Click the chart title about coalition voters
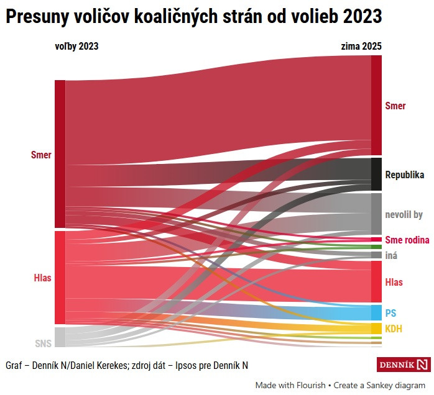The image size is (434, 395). click(x=193, y=17)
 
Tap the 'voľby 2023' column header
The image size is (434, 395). click(x=76, y=46)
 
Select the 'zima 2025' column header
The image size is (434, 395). click(x=361, y=46)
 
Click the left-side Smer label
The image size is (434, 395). click(x=41, y=155)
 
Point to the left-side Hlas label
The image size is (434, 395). click(x=42, y=278)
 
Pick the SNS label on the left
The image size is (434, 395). click(x=43, y=343)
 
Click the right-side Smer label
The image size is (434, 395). click(x=395, y=106)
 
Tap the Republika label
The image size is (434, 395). click(x=404, y=175)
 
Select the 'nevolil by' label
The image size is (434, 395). click(x=404, y=215)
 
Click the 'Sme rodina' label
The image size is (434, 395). click(x=407, y=240)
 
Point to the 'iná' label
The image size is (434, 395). click(x=391, y=255)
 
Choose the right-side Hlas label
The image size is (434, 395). click(x=394, y=283)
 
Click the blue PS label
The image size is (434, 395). click(x=390, y=312)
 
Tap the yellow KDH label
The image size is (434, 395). click(x=394, y=329)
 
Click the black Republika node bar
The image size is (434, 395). click(x=376, y=174)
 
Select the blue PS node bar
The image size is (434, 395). click(x=376, y=312)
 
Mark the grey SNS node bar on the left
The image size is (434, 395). click(x=60, y=337)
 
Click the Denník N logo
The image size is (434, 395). click(x=404, y=365)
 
